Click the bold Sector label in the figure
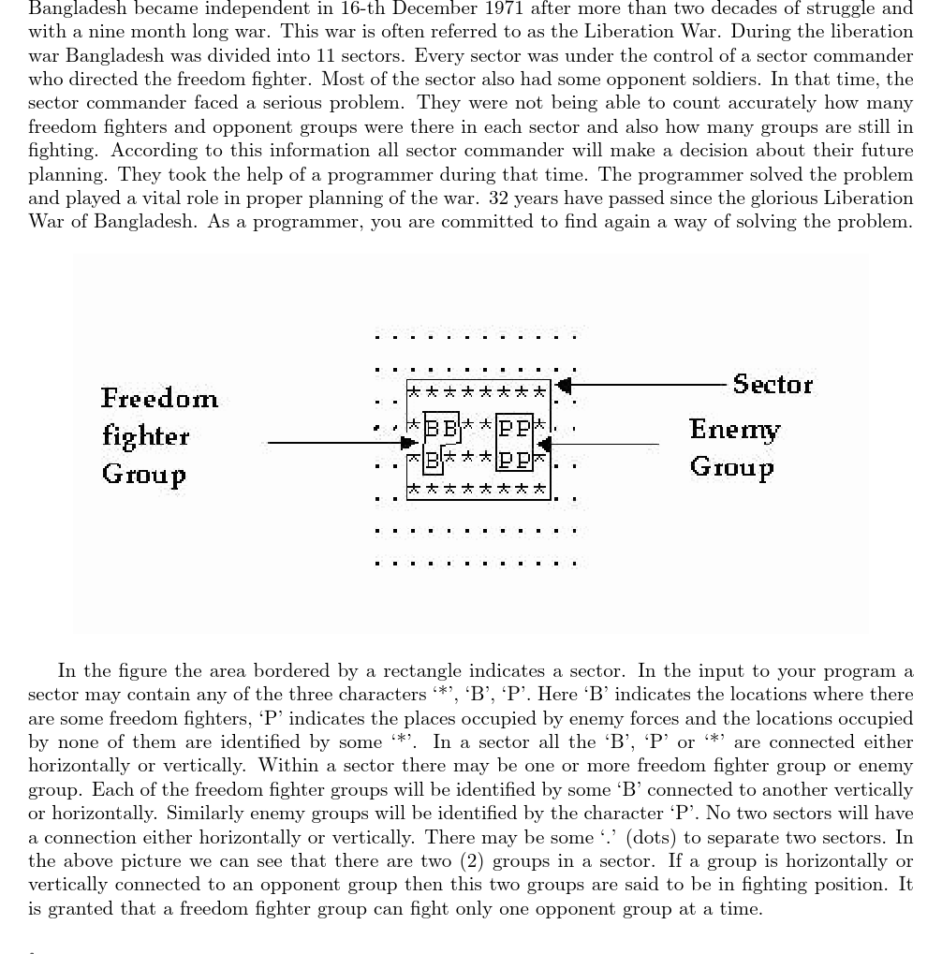[x=773, y=384]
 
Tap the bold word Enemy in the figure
[x=734, y=429]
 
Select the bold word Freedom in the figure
[x=159, y=399]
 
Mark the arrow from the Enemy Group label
[x=599, y=444]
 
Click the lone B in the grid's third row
[x=433, y=460]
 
